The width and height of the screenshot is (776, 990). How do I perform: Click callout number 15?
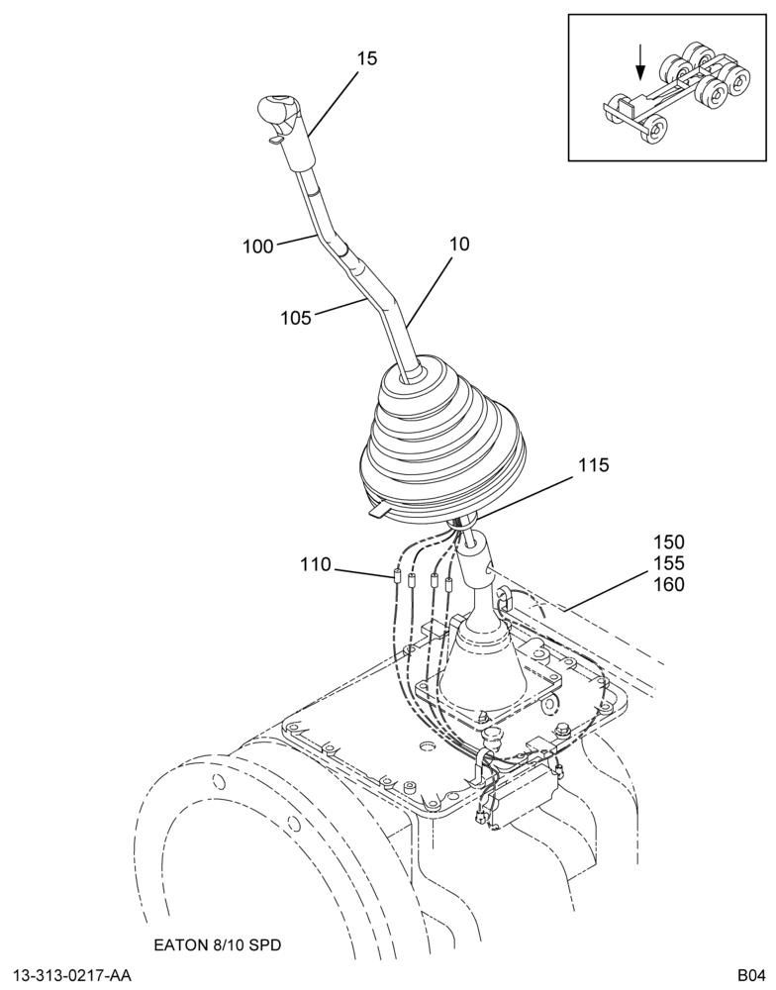367,58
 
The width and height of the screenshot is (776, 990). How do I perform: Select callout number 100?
258,247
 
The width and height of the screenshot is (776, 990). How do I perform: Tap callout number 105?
296,318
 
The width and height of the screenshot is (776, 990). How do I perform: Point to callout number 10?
459,244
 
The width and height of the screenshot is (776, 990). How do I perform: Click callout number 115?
594,465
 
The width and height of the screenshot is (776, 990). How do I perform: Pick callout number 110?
316,564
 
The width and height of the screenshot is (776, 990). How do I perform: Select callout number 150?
669,542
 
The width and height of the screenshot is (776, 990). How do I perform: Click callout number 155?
669,563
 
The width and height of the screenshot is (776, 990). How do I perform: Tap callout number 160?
669,585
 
